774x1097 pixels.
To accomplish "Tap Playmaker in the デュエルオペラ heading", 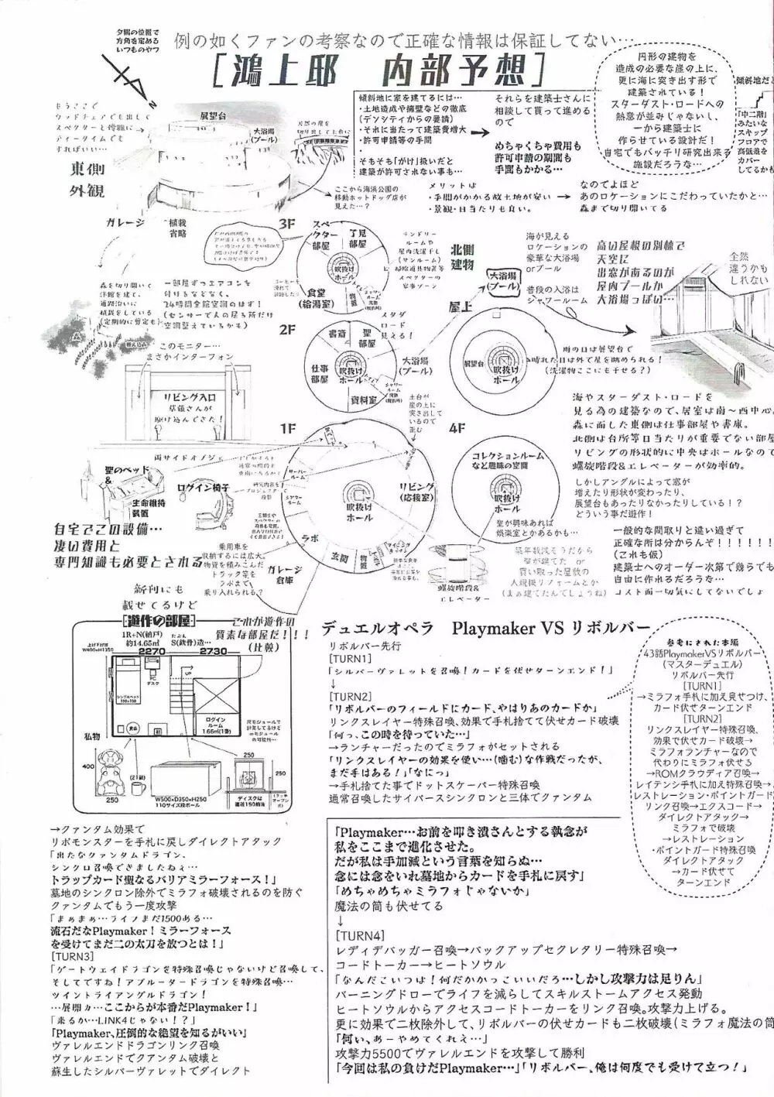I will click(x=509, y=624).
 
